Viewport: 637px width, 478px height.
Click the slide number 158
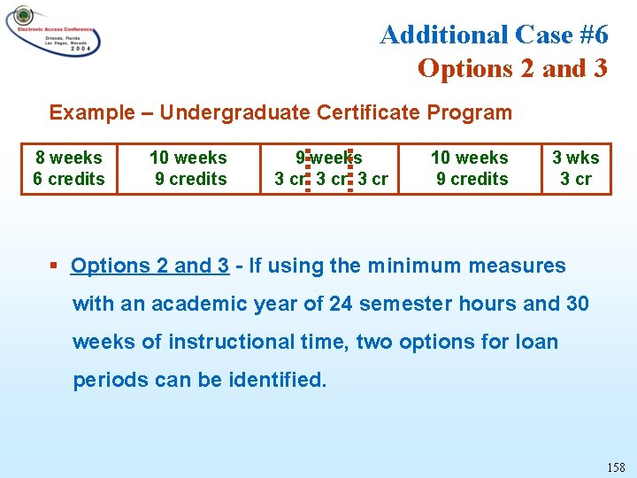tap(616, 466)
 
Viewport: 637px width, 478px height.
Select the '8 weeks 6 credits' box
tap(69, 168)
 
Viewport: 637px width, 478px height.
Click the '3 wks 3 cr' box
tap(576, 168)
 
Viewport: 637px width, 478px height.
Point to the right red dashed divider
tap(350, 168)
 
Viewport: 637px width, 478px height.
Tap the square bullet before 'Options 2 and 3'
tap(54, 266)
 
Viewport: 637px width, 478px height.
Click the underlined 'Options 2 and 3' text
tap(150, 266)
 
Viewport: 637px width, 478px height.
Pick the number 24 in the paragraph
tap(342, 304)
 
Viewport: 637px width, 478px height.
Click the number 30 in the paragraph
tap(577, 304)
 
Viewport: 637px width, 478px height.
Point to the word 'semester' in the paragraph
tap(403, 304)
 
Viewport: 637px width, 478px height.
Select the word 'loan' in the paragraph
tap(538, 342)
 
